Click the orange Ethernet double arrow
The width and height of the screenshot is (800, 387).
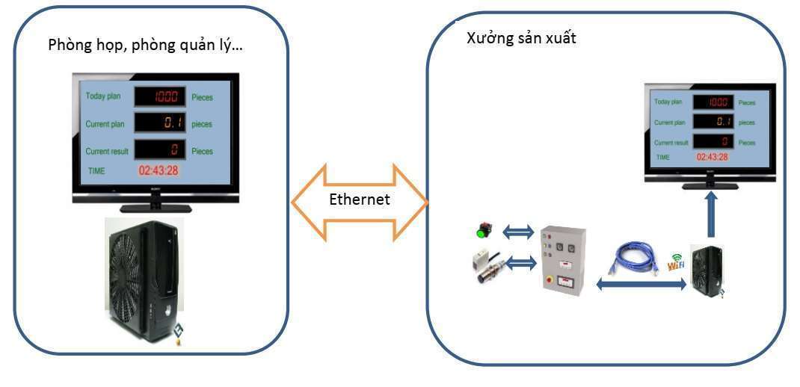click(x=359, y=202)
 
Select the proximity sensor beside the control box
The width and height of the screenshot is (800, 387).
click(x=485, y=267)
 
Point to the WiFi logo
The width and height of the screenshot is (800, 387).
click(x=677, y=262)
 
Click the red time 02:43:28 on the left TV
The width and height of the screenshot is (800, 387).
click(x=158, y=170)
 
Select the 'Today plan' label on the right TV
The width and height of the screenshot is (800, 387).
click(x=668, y=102)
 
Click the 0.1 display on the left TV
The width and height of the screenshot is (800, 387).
click(x=159, y=124)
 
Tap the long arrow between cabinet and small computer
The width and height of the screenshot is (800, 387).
click(x=641, y=284)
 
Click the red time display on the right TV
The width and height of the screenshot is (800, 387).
click(x=713, y=157)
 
